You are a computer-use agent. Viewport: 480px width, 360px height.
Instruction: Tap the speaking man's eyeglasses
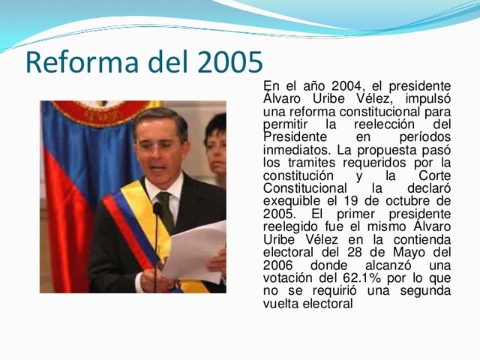pos(159,146)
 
